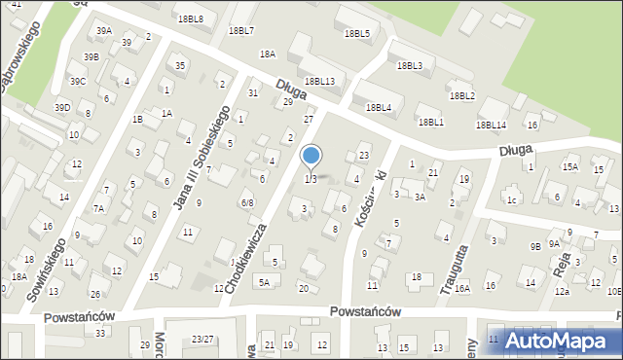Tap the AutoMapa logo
554,340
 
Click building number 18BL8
190,18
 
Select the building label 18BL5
356,33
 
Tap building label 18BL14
491,125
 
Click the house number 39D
62,107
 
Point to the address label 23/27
202,339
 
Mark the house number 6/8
247,202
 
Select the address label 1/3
311,179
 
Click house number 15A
569,167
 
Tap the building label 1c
510,200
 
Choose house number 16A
461,287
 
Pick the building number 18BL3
409,65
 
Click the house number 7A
98,208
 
